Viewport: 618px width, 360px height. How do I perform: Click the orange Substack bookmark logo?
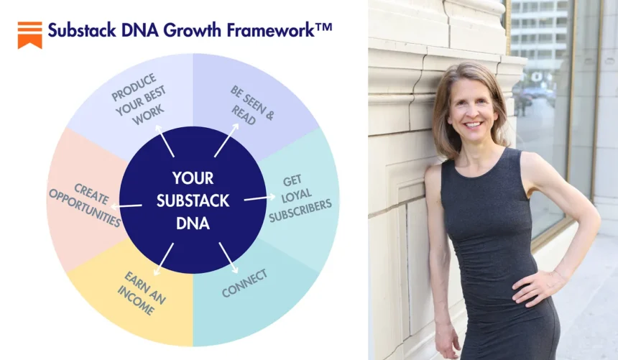(x=30, y=35)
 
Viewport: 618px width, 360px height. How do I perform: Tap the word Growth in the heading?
(x=192, y=30)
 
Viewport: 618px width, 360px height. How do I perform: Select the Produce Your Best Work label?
(x=139, y=99)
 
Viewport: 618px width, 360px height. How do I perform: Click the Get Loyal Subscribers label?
(x=299, y=198)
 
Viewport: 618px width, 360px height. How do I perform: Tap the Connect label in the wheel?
(x=245, y=283)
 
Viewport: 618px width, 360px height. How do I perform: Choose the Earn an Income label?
(x=142, y=293)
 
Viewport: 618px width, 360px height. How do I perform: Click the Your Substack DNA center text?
(x=193, y=200)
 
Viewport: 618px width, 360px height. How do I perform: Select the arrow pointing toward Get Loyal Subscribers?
(x=259, y=198)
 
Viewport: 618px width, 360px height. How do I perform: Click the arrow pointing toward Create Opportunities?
(x=126, y=206)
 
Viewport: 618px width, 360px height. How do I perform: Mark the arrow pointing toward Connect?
(x=229, y=258)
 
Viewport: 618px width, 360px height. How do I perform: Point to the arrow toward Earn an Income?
(x=164, y=259)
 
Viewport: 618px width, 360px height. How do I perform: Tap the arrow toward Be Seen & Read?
(x=226, y=140)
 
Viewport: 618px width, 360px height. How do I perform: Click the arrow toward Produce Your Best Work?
(x=165, y=141)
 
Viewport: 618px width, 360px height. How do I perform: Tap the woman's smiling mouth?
(x=474, y=124)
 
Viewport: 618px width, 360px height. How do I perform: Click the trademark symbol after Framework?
(x=324, y=27)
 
